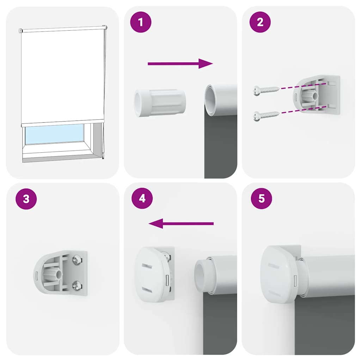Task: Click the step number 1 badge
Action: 141,22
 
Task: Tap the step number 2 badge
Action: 260,22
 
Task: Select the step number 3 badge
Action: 26,199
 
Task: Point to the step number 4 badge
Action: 142,198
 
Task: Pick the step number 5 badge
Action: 261,198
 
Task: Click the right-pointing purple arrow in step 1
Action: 180,63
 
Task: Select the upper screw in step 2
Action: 266,90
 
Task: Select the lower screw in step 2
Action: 266,114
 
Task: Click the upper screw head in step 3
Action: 77,261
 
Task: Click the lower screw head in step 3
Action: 77,285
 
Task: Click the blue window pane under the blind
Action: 54,134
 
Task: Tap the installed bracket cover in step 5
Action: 279,274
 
